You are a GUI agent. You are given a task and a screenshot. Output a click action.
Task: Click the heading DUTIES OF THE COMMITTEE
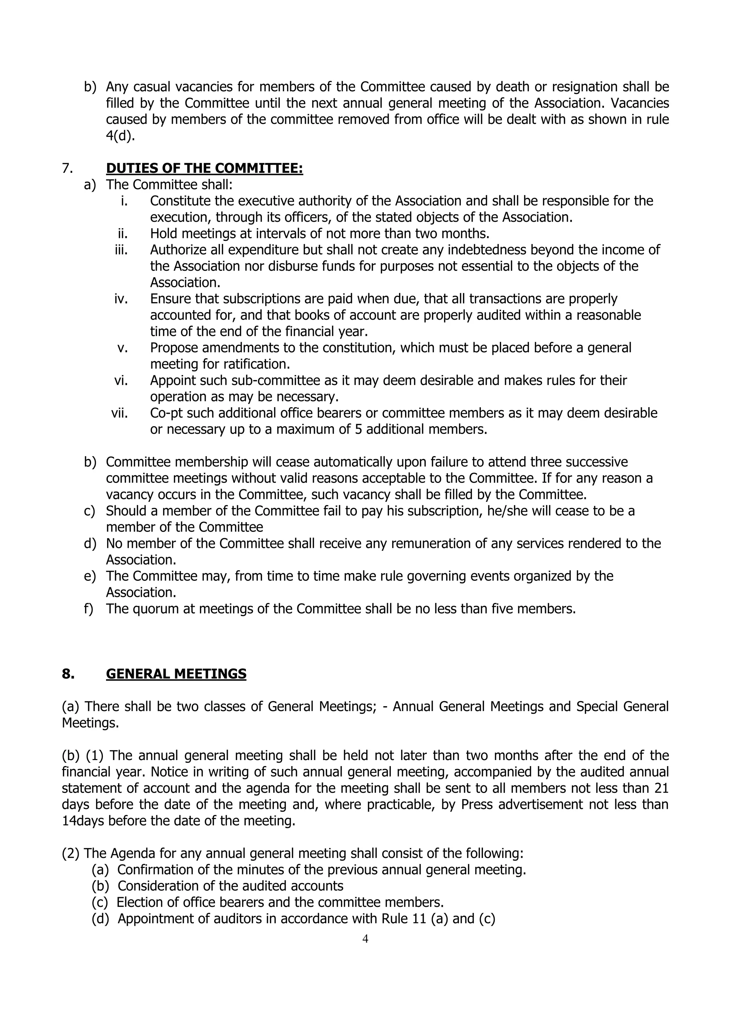tap(205, 169)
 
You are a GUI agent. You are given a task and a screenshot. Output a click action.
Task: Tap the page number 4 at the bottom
tap(365, 939)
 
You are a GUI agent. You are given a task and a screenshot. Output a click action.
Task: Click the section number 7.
tap(67, 169)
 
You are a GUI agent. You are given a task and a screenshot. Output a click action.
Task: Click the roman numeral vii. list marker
tap(120, 413)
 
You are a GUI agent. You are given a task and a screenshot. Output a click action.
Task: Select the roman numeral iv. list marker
tap(121, 299)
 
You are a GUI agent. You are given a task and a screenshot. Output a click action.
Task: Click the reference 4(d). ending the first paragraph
tap(120, 136)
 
